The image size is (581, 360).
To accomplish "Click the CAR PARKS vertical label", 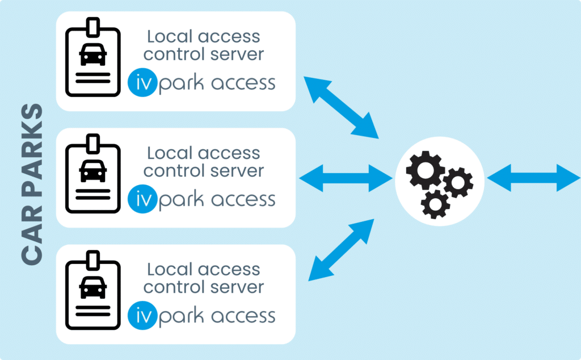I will (32, 184).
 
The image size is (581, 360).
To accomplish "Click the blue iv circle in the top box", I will (141, 83).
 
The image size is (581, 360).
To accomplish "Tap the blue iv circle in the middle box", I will (141, 199).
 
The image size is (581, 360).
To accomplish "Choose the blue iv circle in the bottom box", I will (141, 316).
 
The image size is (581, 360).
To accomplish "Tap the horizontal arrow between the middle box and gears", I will (346, 178).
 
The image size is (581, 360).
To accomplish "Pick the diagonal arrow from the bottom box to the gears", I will (340, 250).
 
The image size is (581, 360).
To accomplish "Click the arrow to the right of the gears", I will (533, 178).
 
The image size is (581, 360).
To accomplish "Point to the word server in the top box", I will (239, 55).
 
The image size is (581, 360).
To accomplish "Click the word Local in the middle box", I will (167, 153).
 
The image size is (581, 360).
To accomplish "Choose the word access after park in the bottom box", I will (243, 316).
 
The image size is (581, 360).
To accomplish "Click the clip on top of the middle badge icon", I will (93, 141).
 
